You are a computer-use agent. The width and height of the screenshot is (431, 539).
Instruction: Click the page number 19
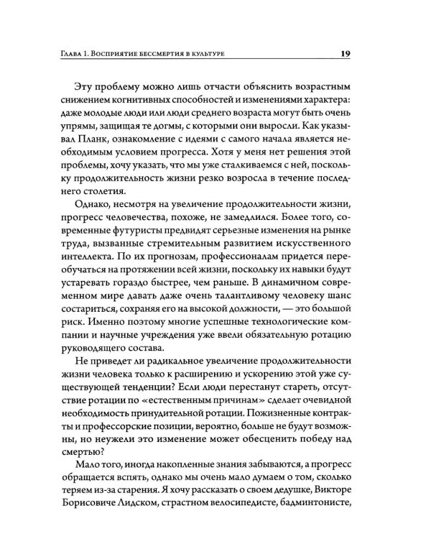coord(345,54)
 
